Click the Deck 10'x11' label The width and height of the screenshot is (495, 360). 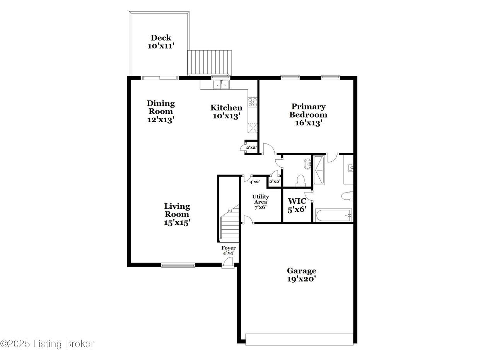161,41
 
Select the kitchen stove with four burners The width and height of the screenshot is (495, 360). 253,102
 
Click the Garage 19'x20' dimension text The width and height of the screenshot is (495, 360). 301,279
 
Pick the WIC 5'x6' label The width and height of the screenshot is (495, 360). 297,205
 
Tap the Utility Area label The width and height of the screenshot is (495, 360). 261,199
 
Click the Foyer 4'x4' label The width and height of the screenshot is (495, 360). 229,251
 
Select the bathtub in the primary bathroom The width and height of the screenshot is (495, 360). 333,215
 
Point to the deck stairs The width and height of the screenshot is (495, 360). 210,63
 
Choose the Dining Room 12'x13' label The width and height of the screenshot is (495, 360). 160,111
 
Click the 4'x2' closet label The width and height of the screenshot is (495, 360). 254,182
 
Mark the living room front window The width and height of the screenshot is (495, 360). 178,265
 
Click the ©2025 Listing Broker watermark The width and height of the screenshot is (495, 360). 47,344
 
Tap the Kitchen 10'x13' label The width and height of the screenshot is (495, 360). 226,112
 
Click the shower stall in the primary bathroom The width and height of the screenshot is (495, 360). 319,170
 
